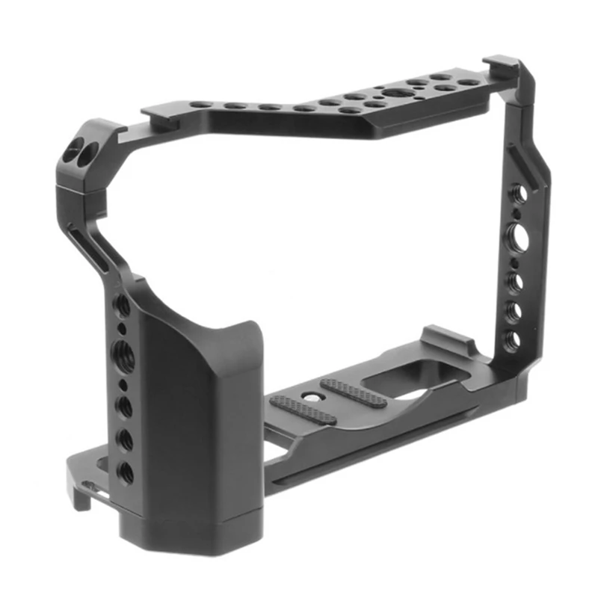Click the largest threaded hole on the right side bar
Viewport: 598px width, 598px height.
tap(516, 232)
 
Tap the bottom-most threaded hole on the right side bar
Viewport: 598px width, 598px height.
tap(513, 338)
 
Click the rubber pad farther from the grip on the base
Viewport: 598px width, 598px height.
tap(353, 391)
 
